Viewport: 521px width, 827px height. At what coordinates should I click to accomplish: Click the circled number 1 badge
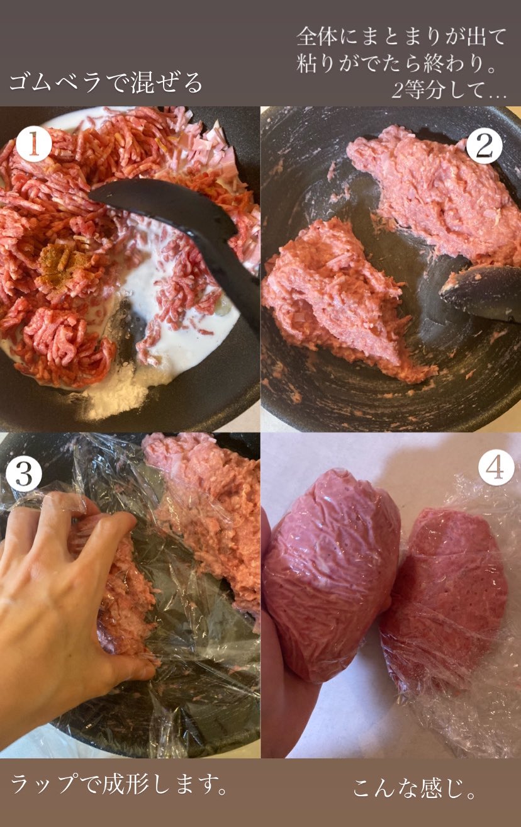(x=33, y=144)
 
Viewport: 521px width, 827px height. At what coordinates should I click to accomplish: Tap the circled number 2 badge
(x=484, y=145)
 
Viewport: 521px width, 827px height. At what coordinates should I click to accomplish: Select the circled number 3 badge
(x=24, y=474)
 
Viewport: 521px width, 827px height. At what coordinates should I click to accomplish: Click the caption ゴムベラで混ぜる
(x=106, y=82)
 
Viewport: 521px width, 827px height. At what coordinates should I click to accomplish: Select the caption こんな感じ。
(x=413, y=787)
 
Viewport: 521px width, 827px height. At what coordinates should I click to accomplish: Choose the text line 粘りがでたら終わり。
(x=396, y=63)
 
